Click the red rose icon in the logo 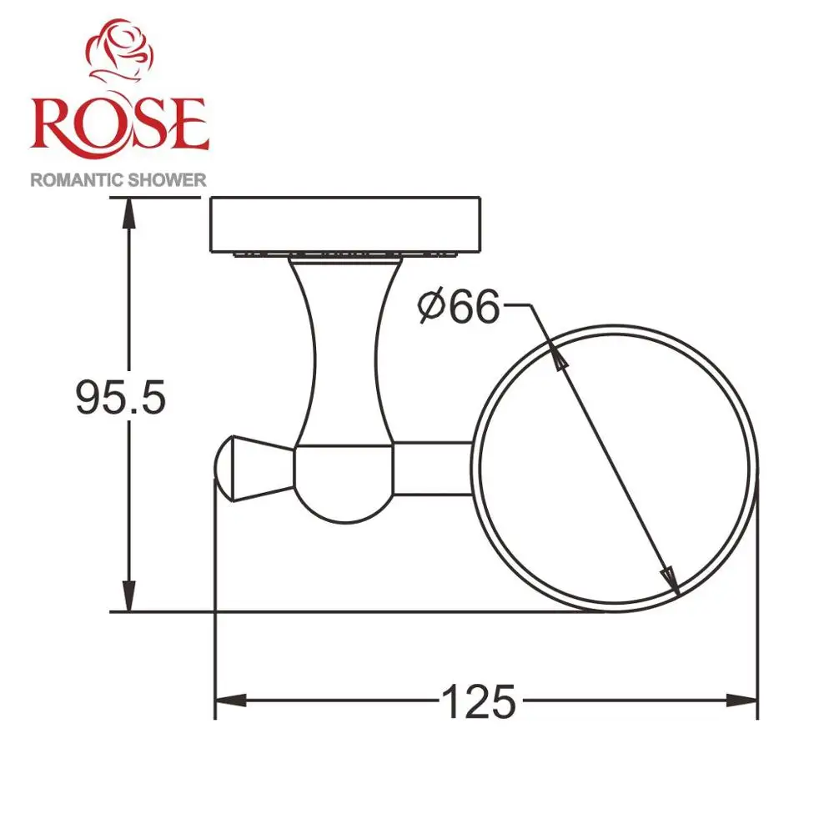click(121, 54)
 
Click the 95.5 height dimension click(121, 398)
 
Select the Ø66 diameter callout click(459, 308)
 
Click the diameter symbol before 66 click(433, 309)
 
